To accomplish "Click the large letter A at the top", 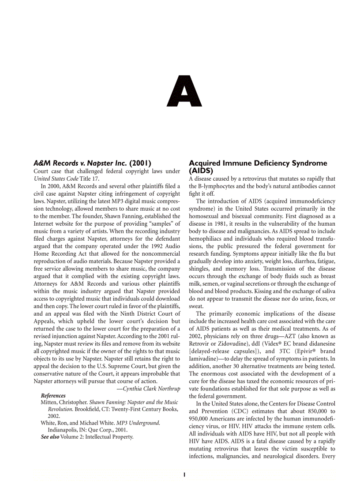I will pos(184,92).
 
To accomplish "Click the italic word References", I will pos(53,395).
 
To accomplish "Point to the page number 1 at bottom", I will pos(184,475).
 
